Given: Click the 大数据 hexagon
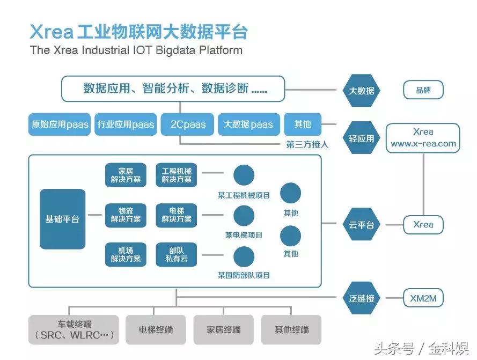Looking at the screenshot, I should pos(362,91).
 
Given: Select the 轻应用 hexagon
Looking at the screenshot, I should pos(362,138).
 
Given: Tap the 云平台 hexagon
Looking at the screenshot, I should pos(362,225).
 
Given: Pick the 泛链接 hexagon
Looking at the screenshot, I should pos(362,298).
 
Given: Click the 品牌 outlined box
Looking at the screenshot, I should pos(423,90).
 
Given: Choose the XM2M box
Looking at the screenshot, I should pos(423,298).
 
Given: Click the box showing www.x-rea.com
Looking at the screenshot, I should pos(423,138).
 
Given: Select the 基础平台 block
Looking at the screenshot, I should pos(62,219).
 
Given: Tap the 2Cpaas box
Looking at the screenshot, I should pos(188,124).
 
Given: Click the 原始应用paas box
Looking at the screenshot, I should pos(60,124).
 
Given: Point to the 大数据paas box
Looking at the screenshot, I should pos(248,124).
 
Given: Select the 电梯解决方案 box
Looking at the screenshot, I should pos(176,215).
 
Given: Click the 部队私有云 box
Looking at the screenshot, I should pos(176,255).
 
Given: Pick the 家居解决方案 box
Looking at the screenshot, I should pos(126,175).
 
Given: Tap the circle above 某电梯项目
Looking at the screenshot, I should pos(244,216).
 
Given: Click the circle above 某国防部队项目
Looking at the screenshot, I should pos(244,256).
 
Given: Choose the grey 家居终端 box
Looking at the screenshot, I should pos(224,329).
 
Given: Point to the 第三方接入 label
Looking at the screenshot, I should pos(307,144).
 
